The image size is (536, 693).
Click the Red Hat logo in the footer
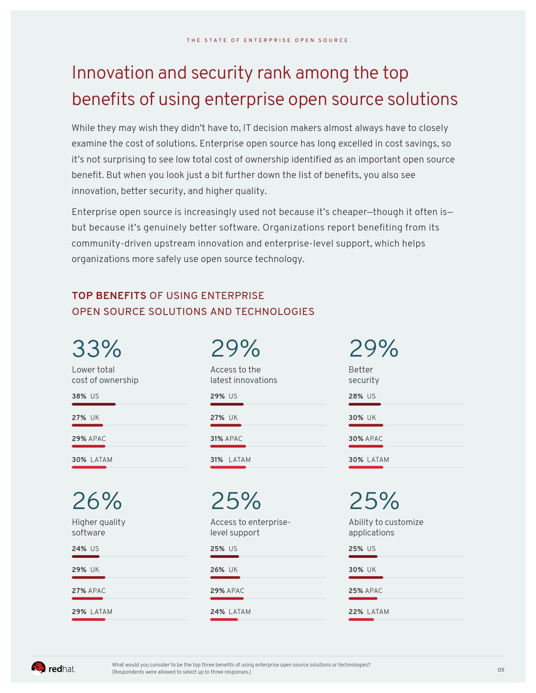pyautogui.click(x=53, y=668)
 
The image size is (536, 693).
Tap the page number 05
pyautogui.click(x=501, y=670)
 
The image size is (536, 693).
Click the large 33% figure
pyautogui.click(x=97, y=349)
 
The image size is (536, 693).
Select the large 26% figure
pyautogui.click(x=97, y=501)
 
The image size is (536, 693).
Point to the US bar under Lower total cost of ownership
pyautogui.click(x=94, y=404)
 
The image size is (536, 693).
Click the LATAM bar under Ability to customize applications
pyautogui.click(x=361, y=619)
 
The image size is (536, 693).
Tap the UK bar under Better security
pyautogui.click(x=366, y=425)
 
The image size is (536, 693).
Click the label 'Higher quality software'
pyautogui.click(x=98, y=528)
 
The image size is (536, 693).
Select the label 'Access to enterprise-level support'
pyautogui.click(x=250, y=528)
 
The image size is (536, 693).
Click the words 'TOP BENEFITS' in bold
pyautogui.click(x=109, y=296)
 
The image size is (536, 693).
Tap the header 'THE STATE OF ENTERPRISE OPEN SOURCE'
pyautogui.click(x=267, y=40)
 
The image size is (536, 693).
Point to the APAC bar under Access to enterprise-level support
pyautogui.click(x=227, y=598)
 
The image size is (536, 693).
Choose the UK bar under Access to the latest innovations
pyautogui.click(x=226, y=425)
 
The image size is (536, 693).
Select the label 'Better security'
pyautogui.click(x=364, y=375)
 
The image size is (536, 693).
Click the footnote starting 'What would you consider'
pyautogui.click(x=241, y=668)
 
